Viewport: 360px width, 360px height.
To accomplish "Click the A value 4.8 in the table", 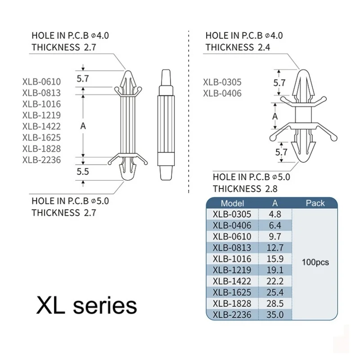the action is click(x=275, y=214).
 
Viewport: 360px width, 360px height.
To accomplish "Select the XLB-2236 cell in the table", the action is click(x=232, y=315).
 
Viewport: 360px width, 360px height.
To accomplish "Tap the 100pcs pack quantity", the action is click(x=315, y=262).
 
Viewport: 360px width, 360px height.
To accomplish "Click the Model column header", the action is click(x=232, y=203).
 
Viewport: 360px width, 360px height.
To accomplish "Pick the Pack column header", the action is click(x=315, y=203).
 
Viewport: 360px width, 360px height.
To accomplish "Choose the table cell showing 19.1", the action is click(x=275, y=270).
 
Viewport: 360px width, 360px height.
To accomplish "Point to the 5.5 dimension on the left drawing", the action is click(x=83, y=172).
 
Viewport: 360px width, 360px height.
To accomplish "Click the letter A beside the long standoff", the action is click(x=83, y=126).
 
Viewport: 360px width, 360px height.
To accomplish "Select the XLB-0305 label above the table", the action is click(x=222, y=82).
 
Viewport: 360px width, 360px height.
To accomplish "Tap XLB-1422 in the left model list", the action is click(x=41, y=126).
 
